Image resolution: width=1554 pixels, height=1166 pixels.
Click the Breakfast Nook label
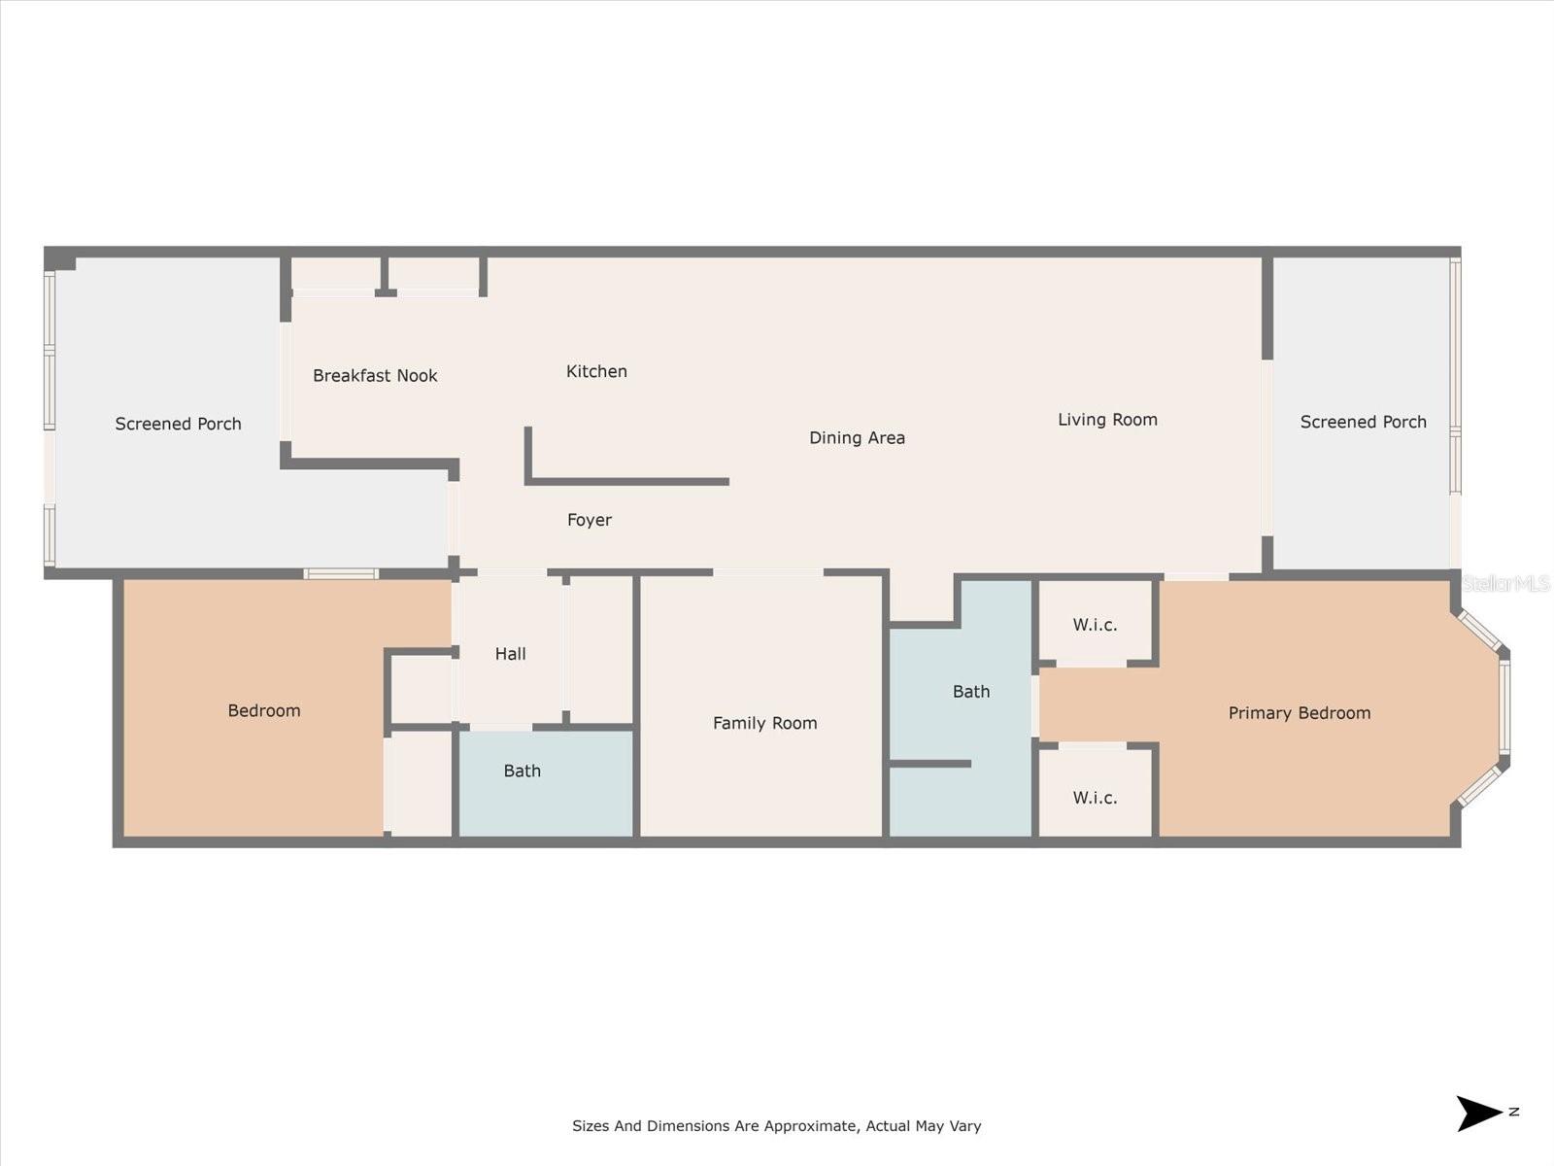(x=375, y=376)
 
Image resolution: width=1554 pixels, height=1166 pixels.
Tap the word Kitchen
(x=596, y=371)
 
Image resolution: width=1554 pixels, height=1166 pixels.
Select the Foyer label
(x=590, y=520)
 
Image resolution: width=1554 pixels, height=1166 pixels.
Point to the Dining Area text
(x=857, y=438)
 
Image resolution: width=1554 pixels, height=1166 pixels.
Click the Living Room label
(x=1107, y=420)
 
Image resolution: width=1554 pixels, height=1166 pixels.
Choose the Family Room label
(x=764, y=723)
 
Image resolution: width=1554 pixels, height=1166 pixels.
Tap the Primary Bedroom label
(x=1299, y=713)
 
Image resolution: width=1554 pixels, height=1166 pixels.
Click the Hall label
(x=510, y=654)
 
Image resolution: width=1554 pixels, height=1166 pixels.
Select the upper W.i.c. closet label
(x=1095, y=625)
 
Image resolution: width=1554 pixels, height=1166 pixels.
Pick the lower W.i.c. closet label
(x=1095, y=798)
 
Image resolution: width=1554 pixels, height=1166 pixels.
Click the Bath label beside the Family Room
(x=970, y=692)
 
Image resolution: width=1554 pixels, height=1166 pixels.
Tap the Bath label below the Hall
(x=522, y=771)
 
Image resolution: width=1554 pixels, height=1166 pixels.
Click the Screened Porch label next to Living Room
(x=1363, y=422)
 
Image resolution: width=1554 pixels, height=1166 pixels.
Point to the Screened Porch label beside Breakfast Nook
(x=178, y=424)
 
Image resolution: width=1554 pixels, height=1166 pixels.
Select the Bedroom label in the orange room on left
(x=264, y=711)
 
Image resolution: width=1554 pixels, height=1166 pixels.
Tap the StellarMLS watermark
(x=1505, y=583)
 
